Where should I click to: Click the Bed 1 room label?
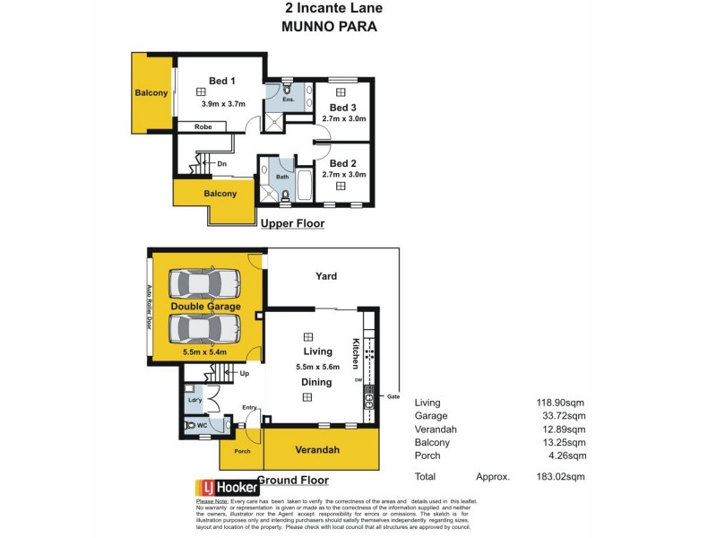tap(220, 82)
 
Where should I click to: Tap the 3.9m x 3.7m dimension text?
tap(224, 104)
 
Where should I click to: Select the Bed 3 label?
tap(342, 107)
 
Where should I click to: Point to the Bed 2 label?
tap(342, 164)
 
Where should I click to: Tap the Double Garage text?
tap(206, 306)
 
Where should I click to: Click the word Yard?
tap(326, 276)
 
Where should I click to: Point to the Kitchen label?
tap(355, 353)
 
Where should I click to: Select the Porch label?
tap(242, 451)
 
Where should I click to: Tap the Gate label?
tap(393, 396)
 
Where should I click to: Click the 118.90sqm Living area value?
tap(559, 403)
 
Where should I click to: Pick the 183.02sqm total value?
tap(559, 476)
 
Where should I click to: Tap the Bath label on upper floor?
tap(282, 177)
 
